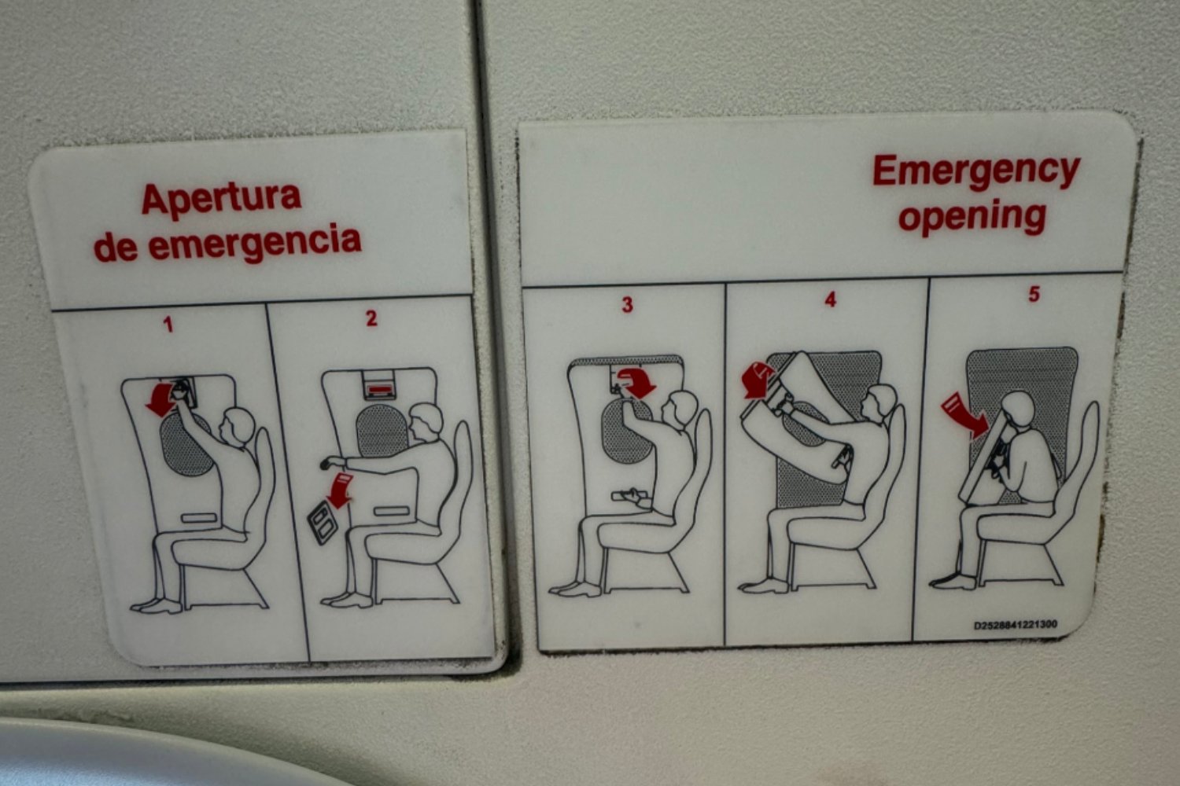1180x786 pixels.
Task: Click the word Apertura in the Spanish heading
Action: click(x=221, y=199)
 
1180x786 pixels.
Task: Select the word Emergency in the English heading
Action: click(x=975, y=171)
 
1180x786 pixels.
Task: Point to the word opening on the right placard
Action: click(x=972, y=215)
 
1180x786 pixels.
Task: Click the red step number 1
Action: click(x=168, y=324)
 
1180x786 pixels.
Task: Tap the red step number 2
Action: click(x=371, y=318)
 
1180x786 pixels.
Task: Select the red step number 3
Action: click(x=627, y=305)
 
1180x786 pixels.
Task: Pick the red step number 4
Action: click(x=830, y=299)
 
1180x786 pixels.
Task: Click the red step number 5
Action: click(x=1034, y=294)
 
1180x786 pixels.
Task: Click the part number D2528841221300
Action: click(x=1015, y=626)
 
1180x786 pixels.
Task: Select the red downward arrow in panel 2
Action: click(x=341, y=490)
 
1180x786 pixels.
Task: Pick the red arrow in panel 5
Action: click(x=964, y=414)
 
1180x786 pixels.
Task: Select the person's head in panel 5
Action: click(x=1017, y=409)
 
